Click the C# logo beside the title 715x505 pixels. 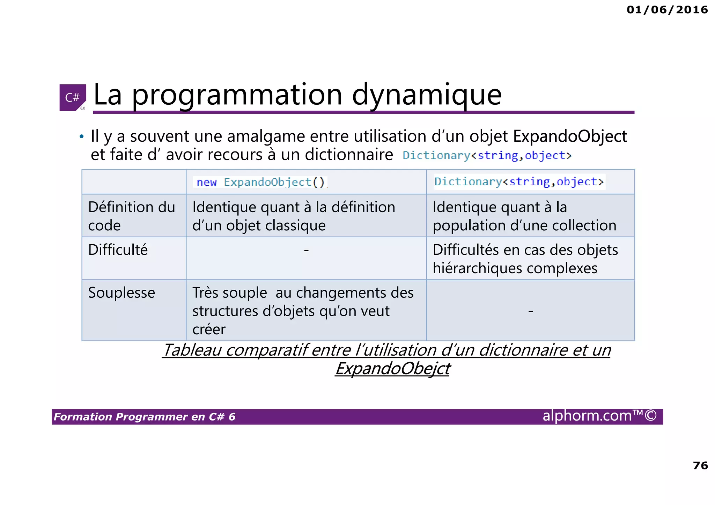pyautogui.click(x=73, y=97)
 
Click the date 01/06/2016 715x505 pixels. pyautogui.click(x=667, y=10)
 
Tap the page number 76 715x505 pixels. pyautogui.click(x=700, y=465)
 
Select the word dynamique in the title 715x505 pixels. pyautogui.click(x=427, y=95)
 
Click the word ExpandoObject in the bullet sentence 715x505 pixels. pyautogui.click(x=570, y=136)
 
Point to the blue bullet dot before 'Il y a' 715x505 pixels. pyautogui.click(x=81, y=137)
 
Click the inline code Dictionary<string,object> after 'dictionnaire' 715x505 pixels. pyautogui.click(x=487, y=155)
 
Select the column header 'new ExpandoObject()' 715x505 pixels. pyautogui.click(x=260, y=182)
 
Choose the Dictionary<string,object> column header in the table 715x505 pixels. pyautogui.click(x=519, y=182)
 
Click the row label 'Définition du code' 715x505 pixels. pyautogui.click(x=131, y=216)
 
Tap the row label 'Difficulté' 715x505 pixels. pyautogui.click(x=118, y=250)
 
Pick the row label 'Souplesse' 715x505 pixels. pyautogui.click(x=121, y=292)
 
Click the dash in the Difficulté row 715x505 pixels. pyautogui.click(x=306, y=250)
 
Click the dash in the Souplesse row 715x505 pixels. pyautogui.click(x=530, y=311)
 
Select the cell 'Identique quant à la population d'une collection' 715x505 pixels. pyautogui.click(x=524, y=216)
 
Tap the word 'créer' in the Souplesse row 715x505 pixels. pyautogui.click(x=209, y=329)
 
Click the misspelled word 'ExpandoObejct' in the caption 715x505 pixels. pyautogui.click(x=393, y=369)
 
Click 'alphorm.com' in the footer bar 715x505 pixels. pyautogui.click(x=587, y=416)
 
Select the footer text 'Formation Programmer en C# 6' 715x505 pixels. pyautogui.click(x=145, y=417)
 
